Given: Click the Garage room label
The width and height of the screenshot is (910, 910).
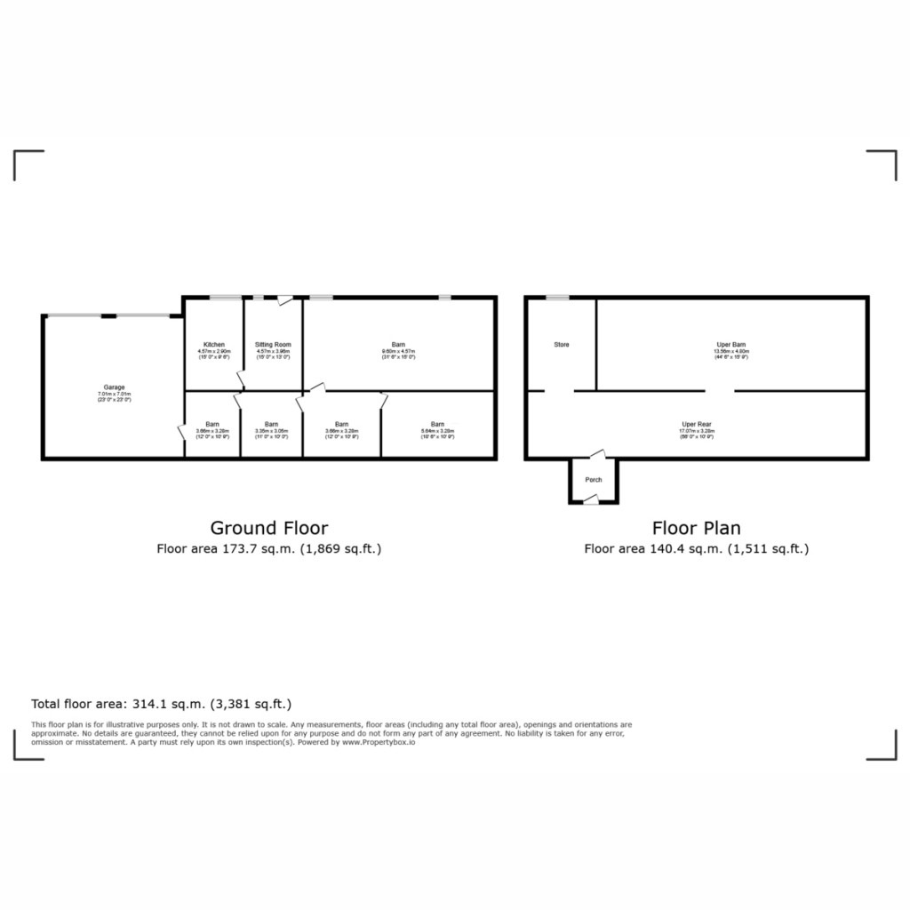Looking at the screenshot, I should click(114, 387).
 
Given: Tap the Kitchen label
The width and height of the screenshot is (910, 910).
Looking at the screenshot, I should click(214, 345).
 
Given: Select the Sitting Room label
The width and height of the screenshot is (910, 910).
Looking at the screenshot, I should click(273, 345).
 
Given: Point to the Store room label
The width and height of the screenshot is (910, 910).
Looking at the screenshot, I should click(562, 345).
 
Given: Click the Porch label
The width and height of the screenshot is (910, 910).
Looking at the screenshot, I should click(594, 480).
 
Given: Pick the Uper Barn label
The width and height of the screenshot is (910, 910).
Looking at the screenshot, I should click(731, 345).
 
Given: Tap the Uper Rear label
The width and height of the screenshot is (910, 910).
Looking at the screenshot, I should click(697, 425).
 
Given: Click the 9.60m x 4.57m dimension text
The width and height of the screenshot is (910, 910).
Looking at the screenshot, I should click(399, 352).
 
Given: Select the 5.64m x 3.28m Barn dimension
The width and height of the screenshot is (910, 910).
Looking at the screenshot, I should click(438, 431).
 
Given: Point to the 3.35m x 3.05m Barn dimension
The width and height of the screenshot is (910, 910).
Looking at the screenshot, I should click(271, 431).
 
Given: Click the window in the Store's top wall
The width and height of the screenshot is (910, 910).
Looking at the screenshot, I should click(557, 298).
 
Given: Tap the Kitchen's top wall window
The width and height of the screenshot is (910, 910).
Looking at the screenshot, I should click(226, 298).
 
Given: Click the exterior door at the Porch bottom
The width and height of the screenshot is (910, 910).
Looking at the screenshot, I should click(590, 503).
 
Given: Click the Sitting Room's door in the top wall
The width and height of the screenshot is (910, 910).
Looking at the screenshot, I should click(283, 300).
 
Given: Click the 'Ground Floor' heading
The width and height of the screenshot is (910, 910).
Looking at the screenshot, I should click(268, 528).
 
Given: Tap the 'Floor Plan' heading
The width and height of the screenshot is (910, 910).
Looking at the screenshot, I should click(696, 528).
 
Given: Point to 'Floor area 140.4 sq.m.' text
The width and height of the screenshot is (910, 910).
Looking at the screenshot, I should click(696, 549).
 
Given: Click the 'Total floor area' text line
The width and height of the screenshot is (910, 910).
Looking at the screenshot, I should click(161, 704).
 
